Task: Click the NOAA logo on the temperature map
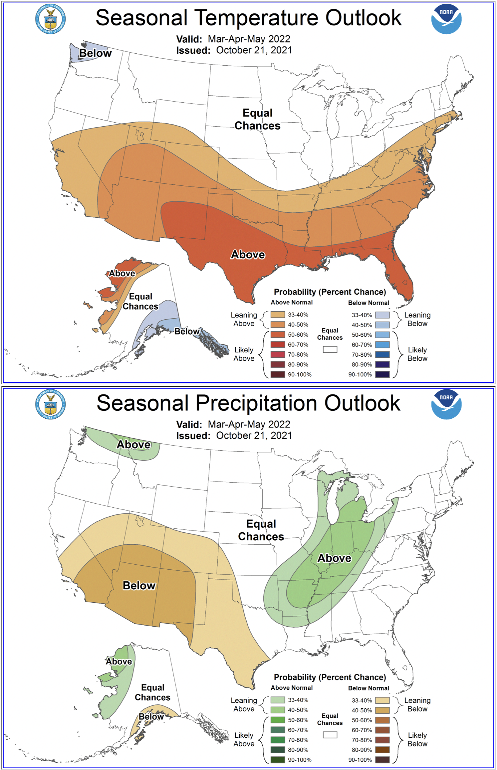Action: coord(446,19)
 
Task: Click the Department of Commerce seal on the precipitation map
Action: coord(50,404)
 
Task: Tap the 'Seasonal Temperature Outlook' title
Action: coord(248,18)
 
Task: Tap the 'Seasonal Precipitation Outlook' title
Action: coord(248,403)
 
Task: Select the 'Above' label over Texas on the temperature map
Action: coord(248,255)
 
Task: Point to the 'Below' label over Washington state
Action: coord(95,53)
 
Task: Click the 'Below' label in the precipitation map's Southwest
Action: coord(139,585)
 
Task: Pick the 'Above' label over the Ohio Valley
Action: coord(334,558)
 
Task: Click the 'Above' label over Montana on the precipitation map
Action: coord(134,445)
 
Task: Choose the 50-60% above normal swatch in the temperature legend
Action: coord(278,335)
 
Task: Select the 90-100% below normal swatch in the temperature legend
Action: coord(382,374)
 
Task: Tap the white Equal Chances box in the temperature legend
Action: coord(330,349)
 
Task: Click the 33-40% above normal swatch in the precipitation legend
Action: coord(278,700)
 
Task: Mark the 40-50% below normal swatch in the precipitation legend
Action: coord(382,710)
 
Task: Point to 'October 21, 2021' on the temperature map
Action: coord(254,50)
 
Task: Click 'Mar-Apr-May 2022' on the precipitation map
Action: coord(249,424)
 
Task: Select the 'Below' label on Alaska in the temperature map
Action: coord(187,331)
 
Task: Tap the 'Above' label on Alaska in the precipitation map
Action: coord(119,662)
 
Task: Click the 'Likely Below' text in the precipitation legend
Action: coord(417,740)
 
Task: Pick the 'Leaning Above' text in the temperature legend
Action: coord(244,319)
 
